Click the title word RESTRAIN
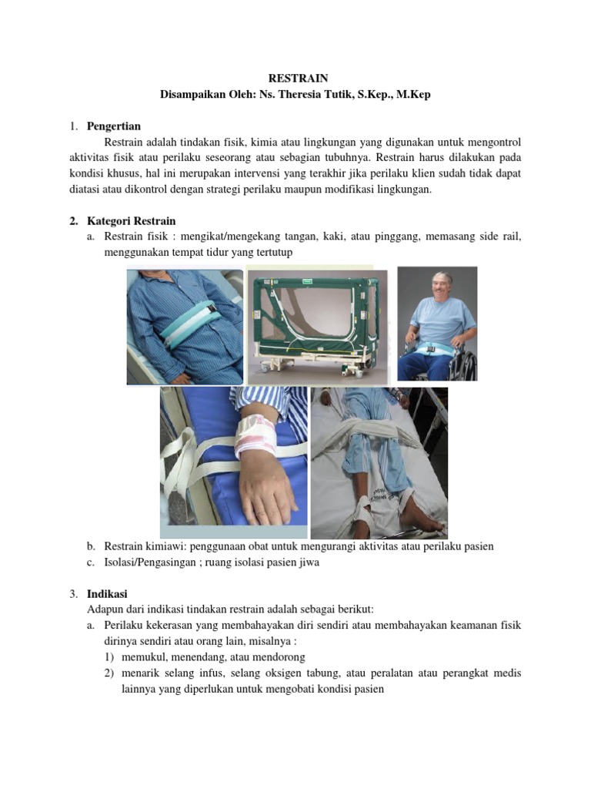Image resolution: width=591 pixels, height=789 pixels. [297, 79]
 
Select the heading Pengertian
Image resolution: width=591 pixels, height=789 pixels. [114, 126]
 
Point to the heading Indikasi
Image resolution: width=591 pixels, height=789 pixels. [108, 594]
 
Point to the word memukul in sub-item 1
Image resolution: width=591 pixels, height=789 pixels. [148, 657]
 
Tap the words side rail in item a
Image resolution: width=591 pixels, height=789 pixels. [503, 237]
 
